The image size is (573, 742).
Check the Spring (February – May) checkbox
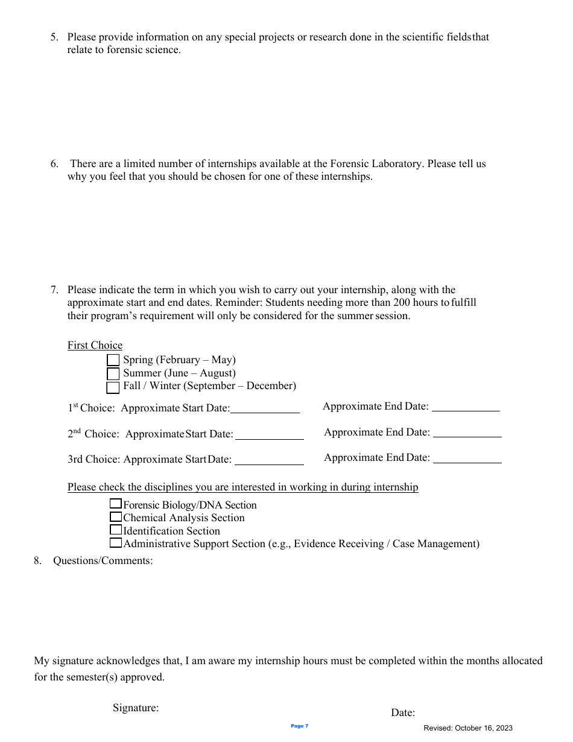click(x=113, y=360)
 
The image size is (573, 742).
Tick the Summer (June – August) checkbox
click(x=113, y=373)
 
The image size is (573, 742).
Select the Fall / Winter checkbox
click(x=113, y=387)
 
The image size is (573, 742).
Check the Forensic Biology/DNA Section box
click(x=115, y=504)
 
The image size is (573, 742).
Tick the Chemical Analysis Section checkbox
click(x=115, y=517)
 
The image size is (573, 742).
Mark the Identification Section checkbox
click(x=115, y=530)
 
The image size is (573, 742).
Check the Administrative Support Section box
click(x=115, y=543)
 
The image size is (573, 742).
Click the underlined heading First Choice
click(x=95, y=345)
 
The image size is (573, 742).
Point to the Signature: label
click(x=136, y=708)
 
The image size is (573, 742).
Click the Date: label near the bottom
click(x=403, y=712)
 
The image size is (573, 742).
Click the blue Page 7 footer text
click(x=299, y=726)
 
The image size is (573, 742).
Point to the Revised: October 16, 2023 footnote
click(x=468, y=728)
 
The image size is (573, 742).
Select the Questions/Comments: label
click(x=103, y=560)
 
